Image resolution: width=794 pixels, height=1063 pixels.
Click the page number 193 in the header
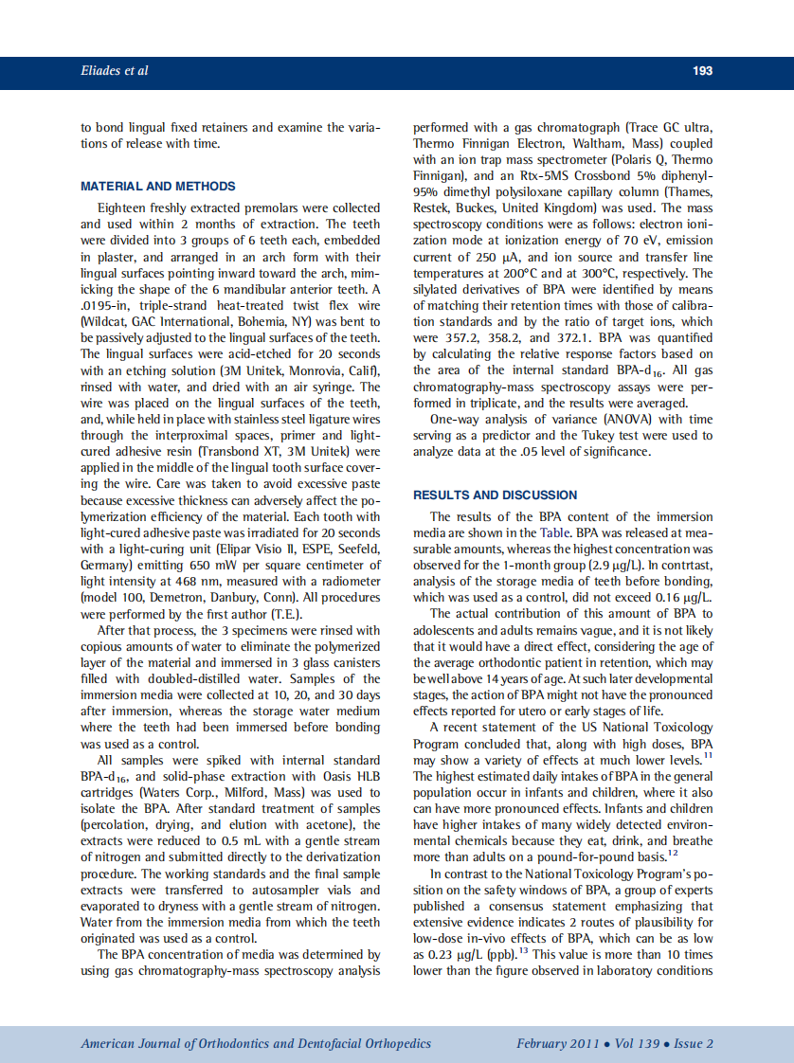[x=702, y=71]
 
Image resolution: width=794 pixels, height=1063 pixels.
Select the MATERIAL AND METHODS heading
[x=158, y=186]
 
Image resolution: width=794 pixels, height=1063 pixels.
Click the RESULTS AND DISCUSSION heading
[x=495, y=495]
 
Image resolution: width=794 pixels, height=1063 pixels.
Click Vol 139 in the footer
[x=634, y=1043]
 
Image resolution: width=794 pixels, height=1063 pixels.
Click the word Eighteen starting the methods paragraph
[x=125, y=208]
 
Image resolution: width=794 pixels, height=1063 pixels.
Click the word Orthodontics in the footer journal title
[x=241, y=1043]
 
